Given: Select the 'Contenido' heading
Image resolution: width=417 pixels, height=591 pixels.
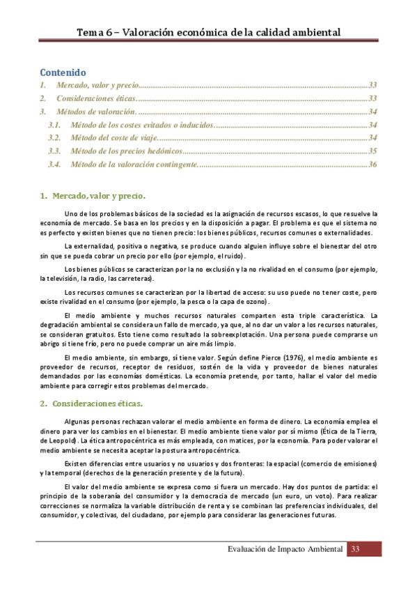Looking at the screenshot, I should (x=62, y=72).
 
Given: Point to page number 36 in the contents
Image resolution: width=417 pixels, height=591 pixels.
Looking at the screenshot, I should (x=372, y=164).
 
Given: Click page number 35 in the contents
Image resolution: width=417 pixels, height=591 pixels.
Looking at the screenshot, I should (x=372, y=151).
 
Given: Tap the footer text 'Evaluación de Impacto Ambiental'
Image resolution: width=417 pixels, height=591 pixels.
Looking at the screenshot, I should (x=285, y=550).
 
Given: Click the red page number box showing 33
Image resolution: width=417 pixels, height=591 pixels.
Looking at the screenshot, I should (x=355, y=550).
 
